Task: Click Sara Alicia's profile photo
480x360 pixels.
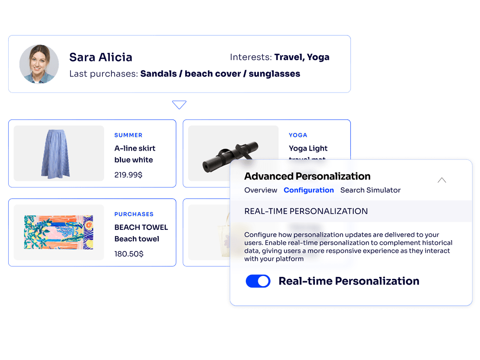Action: [x=39, y=64]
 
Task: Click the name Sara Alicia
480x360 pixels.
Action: [x=101, y=58]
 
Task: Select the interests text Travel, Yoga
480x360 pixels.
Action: [x=302, y=58]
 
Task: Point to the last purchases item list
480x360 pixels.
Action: [x=220, y=74]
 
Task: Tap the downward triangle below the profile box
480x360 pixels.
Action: [x=179, y=104]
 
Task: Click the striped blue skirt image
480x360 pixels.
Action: [x=59, y=153]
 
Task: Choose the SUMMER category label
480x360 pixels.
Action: [x=128, y=135]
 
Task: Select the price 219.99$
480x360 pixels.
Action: [x=128, y=175]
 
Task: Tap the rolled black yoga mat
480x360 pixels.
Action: [x=230, y=155]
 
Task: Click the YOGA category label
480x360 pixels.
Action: [x=298, y=135]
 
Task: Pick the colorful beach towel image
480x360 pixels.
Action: [x=59, y=232]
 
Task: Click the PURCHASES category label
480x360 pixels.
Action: [x=134, y=214]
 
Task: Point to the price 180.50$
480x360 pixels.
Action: [x=129, y=253]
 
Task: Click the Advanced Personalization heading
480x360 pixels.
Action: [x=307, y=176]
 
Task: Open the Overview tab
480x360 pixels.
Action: [x=261, y=190]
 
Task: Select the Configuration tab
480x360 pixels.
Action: [x=309, y=190]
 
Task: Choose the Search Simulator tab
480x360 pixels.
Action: [x=370, y=190]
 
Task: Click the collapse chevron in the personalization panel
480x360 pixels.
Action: [x=442, y=180]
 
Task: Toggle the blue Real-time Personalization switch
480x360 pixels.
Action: [x=258, y=281]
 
